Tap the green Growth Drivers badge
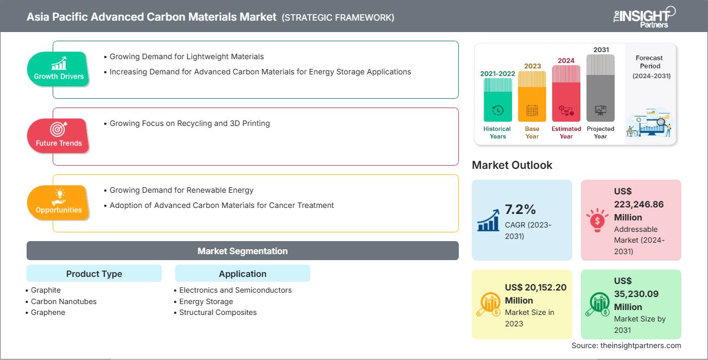coord(59,68)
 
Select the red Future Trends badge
coord(59,135)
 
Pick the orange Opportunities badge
coord(59,202)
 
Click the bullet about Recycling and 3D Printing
coord(189,123)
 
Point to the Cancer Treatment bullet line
coord(222,205)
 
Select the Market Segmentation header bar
coord(243,251)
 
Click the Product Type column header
coord(94,274)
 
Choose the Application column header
coord(243,274)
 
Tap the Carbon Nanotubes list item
coord(64,301)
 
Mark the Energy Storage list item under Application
coord(206,301)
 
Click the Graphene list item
coord(48,312)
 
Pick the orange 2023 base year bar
coord(532,96)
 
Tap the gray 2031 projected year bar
coord(600,87)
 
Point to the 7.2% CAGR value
coord(521,210)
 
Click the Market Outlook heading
coord(512,165)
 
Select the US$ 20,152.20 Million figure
coord(535,294)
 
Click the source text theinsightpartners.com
coord(626,345)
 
